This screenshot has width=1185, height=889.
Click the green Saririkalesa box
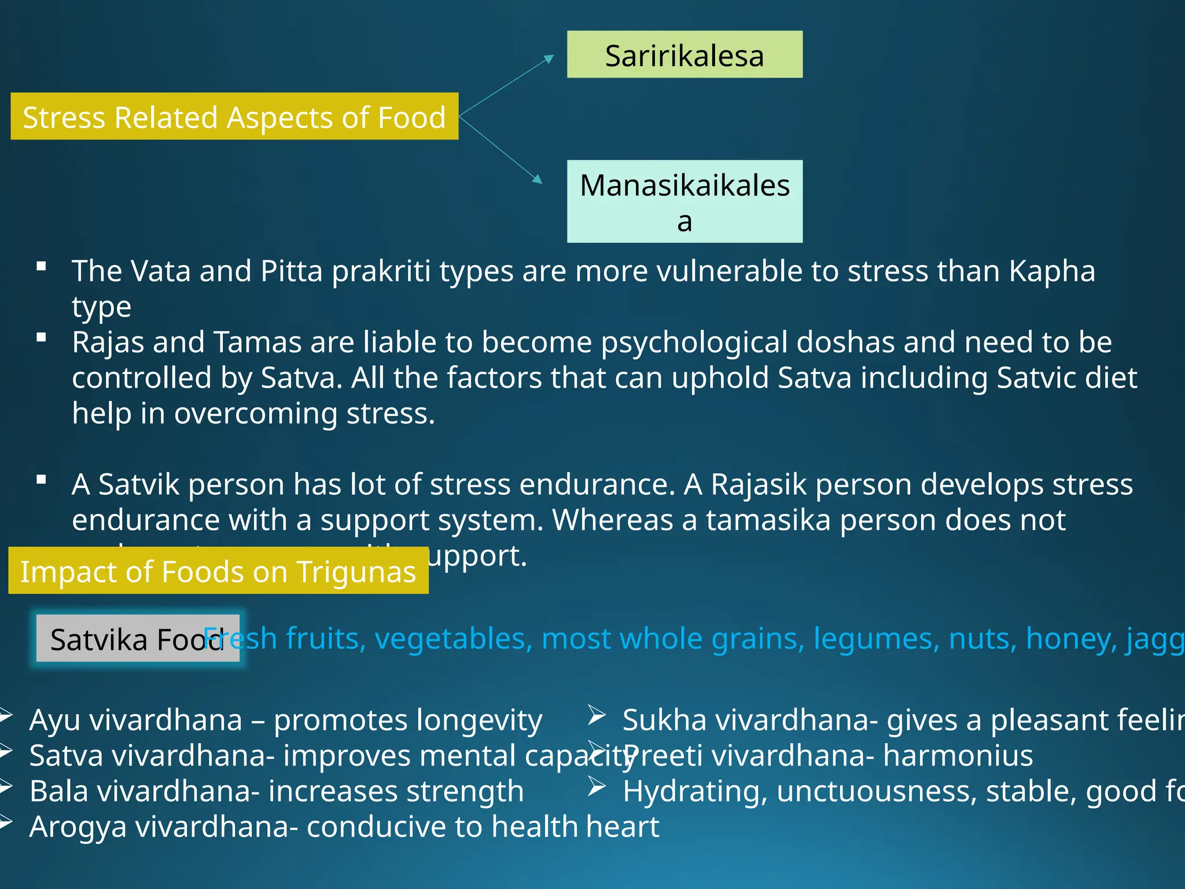click(684, 54)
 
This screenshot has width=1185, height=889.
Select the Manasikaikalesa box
click(684, 201)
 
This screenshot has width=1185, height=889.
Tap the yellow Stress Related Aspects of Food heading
click(234, 116)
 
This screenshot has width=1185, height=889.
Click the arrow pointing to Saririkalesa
click(507, 85)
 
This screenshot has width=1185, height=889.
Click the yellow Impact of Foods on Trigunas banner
click(218, 571)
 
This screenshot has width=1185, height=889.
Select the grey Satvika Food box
click(137, 638)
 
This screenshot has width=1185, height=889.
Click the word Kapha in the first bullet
click(1051, 271)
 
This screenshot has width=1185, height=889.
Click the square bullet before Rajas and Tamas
click(41, 338)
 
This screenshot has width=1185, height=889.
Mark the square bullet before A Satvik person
click(41, 480)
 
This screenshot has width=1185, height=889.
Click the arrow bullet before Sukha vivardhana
click(597, 715)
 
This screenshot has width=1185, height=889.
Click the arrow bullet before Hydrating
click(597, 787)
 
